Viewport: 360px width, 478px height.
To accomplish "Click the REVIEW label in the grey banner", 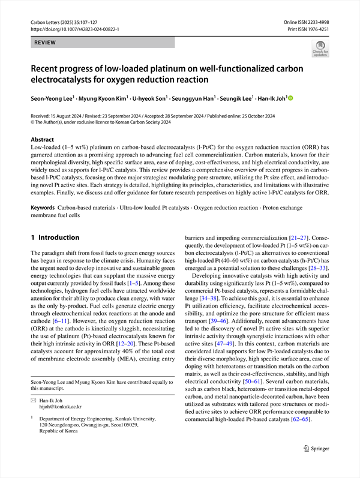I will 45,43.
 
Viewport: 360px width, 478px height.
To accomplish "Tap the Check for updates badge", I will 320,47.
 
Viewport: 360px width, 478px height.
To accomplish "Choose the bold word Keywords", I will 43,208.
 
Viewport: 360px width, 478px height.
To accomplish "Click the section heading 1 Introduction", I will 55,238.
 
